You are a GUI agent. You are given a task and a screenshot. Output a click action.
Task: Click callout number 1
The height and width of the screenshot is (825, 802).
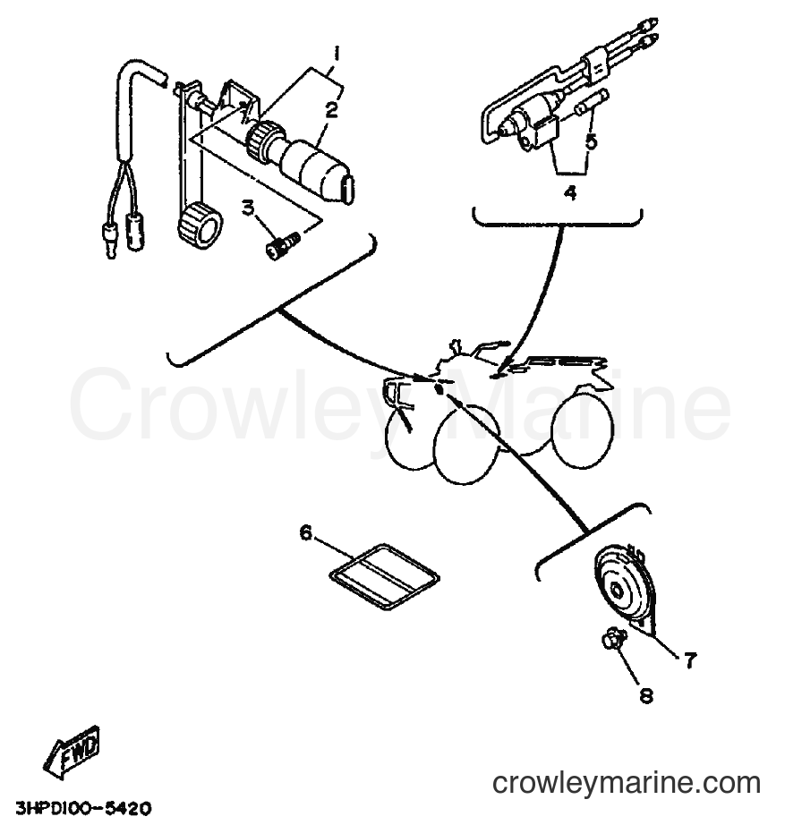click(336, 55)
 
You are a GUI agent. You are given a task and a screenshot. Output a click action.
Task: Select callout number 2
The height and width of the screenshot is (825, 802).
click(331, 111)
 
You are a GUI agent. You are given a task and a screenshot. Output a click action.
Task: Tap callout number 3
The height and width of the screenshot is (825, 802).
click(249, 208)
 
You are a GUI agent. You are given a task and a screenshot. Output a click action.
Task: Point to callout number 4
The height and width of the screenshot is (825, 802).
click(570, 193)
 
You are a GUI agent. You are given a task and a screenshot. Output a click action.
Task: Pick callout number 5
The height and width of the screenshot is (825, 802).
click(592, 141)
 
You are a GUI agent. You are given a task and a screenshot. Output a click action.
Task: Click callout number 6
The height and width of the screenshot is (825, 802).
click(306, 533)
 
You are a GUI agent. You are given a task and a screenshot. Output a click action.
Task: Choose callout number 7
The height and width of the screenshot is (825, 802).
click(690, 659)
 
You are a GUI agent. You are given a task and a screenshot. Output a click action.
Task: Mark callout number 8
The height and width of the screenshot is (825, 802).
click(646, 695)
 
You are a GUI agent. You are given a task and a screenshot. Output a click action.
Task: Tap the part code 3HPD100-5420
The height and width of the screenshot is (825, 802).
click(83, 808)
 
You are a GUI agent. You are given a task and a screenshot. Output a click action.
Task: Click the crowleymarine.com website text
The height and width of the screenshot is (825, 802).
click(627, 783)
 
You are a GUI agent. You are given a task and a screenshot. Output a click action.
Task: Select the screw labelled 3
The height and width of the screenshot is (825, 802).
click(282, 245)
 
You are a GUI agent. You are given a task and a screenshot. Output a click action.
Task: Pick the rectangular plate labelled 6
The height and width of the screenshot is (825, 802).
click(384, 575)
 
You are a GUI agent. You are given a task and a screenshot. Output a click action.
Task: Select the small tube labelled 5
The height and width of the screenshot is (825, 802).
click(593, 103)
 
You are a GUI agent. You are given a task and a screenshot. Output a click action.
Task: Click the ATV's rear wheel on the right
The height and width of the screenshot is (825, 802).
click(582, 430)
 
